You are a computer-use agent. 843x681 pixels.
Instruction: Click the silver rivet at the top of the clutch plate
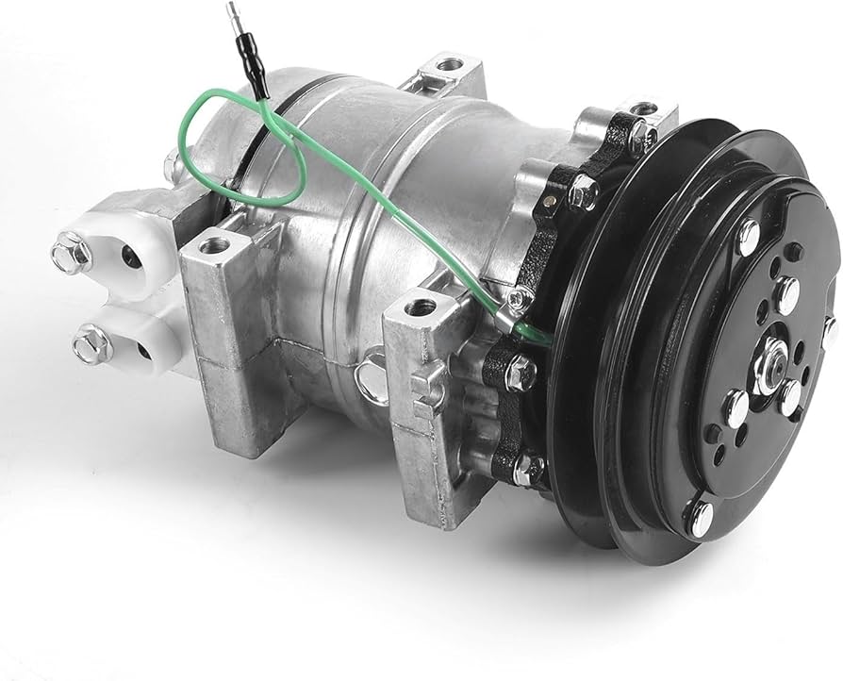pos(750,231)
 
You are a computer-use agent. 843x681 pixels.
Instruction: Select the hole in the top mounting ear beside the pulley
pos(644,109)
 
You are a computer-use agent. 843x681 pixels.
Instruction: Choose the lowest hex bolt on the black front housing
pos(525,466)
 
